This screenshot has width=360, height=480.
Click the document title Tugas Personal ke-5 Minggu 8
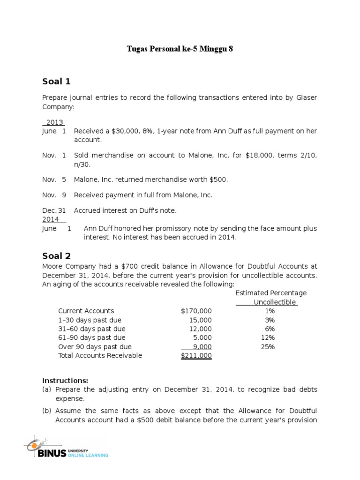click(180, 49)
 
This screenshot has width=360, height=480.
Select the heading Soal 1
click(56, 82)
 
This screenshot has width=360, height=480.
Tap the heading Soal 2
click(56, 255)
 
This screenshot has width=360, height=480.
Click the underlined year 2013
click(55, 122)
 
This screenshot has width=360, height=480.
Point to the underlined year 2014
click(51, 219)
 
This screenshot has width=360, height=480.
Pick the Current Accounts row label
click(86, 311)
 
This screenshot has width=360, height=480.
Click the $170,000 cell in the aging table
click(196, 311)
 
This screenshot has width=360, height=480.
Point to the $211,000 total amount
click(196, 356)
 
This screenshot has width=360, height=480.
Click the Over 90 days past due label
click(95, 347)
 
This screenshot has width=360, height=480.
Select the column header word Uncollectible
click(275, 302)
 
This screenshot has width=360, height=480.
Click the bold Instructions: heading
click(65, 380)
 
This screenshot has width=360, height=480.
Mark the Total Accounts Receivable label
click(100, 356)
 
